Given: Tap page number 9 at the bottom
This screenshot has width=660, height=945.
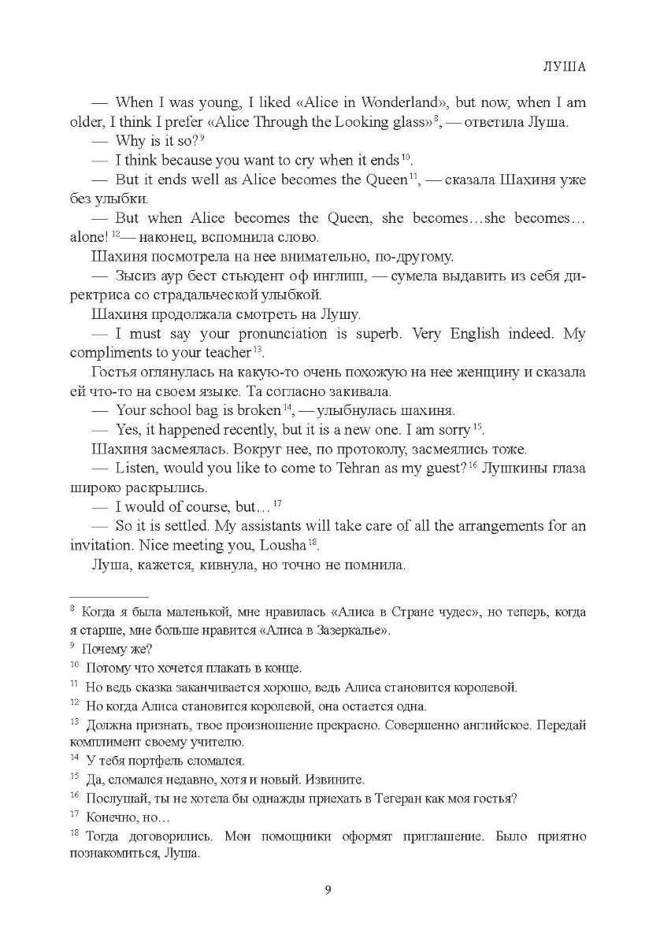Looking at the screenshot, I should [x=328, y=891].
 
